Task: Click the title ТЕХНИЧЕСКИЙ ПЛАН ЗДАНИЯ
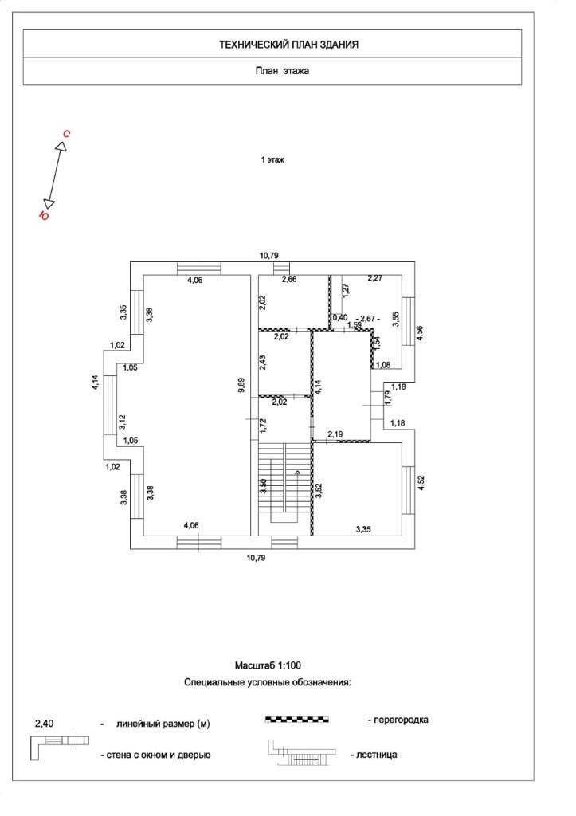pyautogui.click(x=288, y=45)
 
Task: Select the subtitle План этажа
pyautogui.click(x=282, y=70)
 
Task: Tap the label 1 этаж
pyautogui.click(x=272, y=160)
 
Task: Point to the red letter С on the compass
pyautogui.click(x=67, y=134)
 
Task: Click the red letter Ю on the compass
pyautogui.click(x=45, y=214)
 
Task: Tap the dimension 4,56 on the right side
pyautogui.click(x=421, y=334)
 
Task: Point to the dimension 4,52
pyautogui.click(x=421, y=484)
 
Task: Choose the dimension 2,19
pyautogui.click(x=336, y=433)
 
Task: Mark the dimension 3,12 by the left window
pyautogui.click(x=123, y=422)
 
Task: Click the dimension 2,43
pyautogui.click(x=263, y=362)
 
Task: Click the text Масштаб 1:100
pyautogui.click(x=268, y=665)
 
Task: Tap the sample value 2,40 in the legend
pyautogui.click(x=45, y=724)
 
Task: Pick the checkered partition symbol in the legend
pyautogui.click(x=296, y=720)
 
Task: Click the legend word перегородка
pyautogui.click(x=398, y=720)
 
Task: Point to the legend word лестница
pyautogui.click(x=374, y=754)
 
